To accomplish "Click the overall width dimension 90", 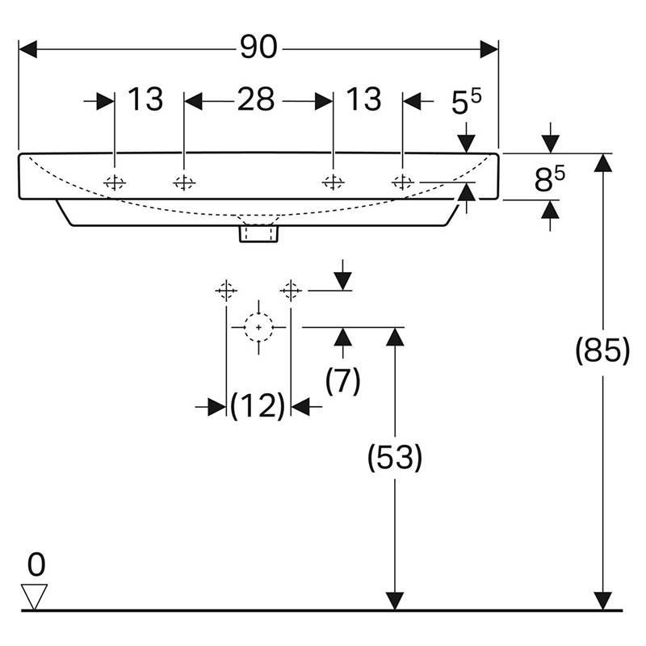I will point(258,48).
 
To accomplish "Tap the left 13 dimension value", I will point(146,100).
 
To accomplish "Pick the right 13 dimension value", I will point(363,100).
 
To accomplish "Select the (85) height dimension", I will point(602,351).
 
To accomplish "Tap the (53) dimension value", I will point(394,459).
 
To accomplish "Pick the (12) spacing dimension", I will point(258,407).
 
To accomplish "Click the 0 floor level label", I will point(36,562).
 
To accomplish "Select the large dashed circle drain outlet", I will point(258,327).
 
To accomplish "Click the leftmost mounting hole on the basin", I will point(115,182).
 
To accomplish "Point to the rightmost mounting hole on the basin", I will point(401,182).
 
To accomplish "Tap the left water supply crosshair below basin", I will point(226,289).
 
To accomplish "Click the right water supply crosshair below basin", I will point(292,289).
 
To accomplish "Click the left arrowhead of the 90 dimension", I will point(27,48).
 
